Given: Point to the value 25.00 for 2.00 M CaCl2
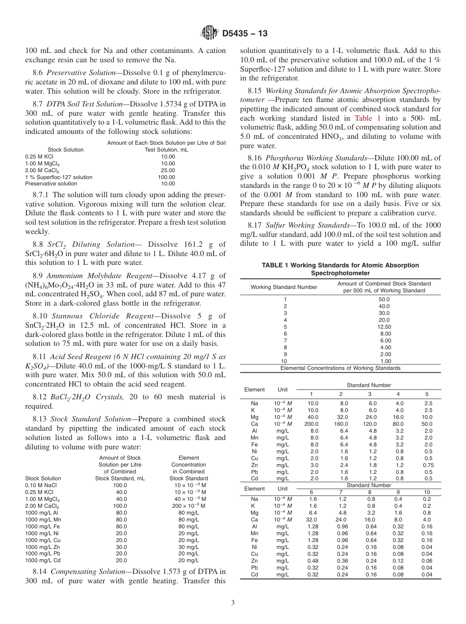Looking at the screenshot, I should point(168,170).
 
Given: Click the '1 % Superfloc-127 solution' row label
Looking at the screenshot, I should point(58,177).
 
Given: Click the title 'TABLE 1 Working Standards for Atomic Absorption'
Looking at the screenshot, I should point(340,265).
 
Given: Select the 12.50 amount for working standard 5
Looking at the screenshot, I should point(384,326).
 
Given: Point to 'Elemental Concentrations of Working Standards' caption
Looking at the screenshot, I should point(340,368).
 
